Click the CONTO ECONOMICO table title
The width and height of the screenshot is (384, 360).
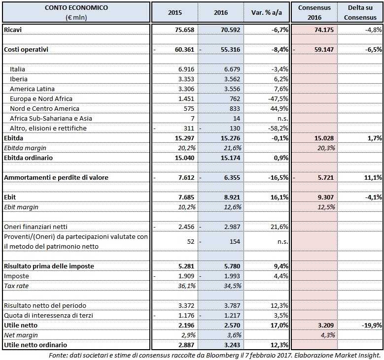coord(76,8)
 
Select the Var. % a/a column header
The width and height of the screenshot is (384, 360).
coord(266,12)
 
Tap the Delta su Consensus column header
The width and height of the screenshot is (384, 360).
coord(360,12)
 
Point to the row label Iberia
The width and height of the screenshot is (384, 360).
coord(19,79)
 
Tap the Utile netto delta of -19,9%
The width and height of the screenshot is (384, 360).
coord(370,325)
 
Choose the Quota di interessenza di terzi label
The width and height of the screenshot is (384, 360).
coord(45,315)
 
